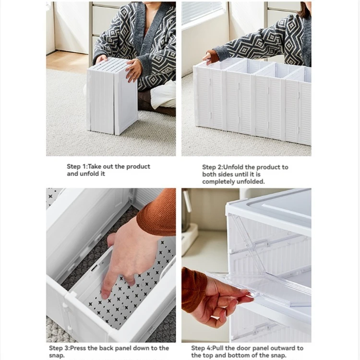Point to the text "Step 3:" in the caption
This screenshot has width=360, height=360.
coord(59,348)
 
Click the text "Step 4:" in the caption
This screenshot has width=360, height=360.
coord(202,348)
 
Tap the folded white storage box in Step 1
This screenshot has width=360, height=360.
coord(112,96)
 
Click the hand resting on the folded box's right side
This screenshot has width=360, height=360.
coord(133,70)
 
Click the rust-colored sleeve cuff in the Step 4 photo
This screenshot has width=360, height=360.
coord(192,289)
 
